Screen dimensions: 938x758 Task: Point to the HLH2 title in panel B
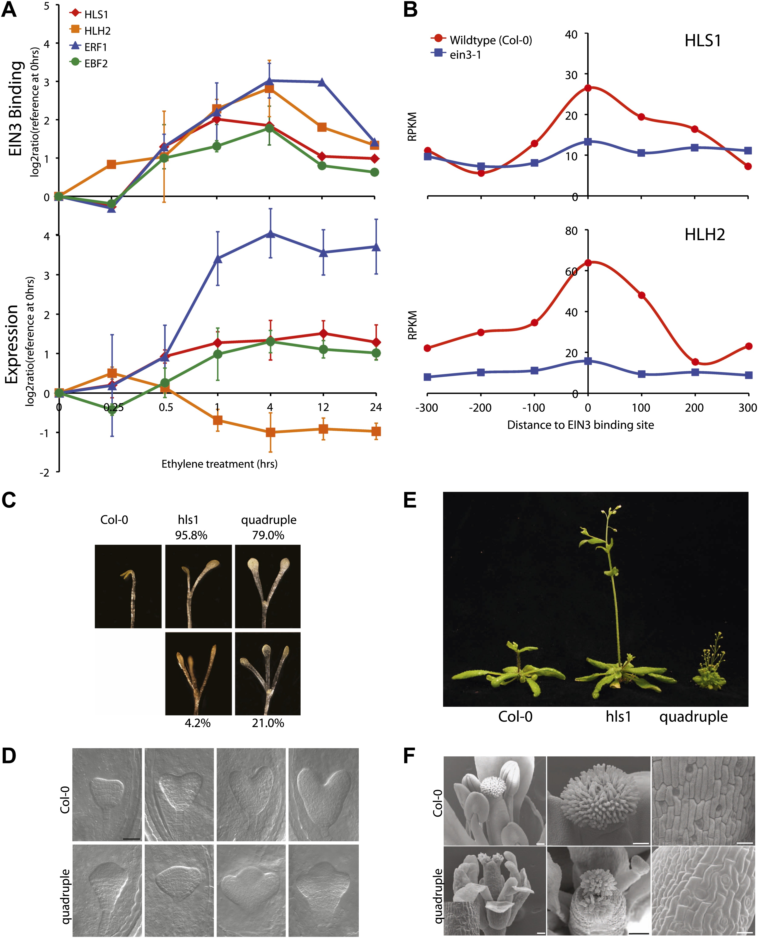[x=704, y=235]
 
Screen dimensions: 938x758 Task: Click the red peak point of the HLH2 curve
[x=588, y=263]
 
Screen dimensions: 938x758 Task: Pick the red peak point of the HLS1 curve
[x=588, y=88]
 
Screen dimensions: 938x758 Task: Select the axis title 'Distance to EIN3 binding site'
[x=580, y=425]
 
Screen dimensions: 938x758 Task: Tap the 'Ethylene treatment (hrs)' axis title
[x=219, y=464]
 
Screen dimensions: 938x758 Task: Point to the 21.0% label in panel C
[x=268, y=723]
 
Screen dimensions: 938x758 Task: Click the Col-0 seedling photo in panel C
[x=128, y=586]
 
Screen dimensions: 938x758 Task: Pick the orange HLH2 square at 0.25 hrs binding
[x=111, y=164]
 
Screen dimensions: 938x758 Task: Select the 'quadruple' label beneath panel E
[x=693, y=716]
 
